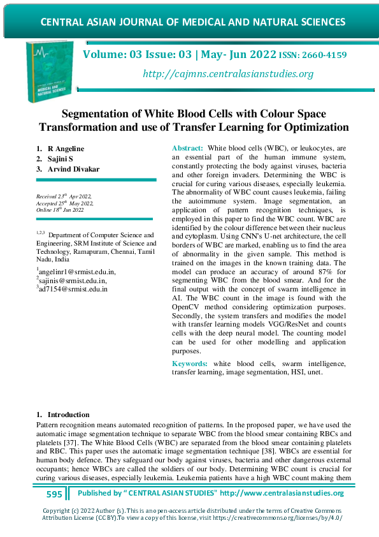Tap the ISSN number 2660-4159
pos(324,55)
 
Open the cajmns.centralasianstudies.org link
pos(228,74)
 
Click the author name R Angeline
pos(66,149)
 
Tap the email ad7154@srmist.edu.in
pos(73,288)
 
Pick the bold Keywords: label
pos(191,364)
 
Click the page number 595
pos(54,494)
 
